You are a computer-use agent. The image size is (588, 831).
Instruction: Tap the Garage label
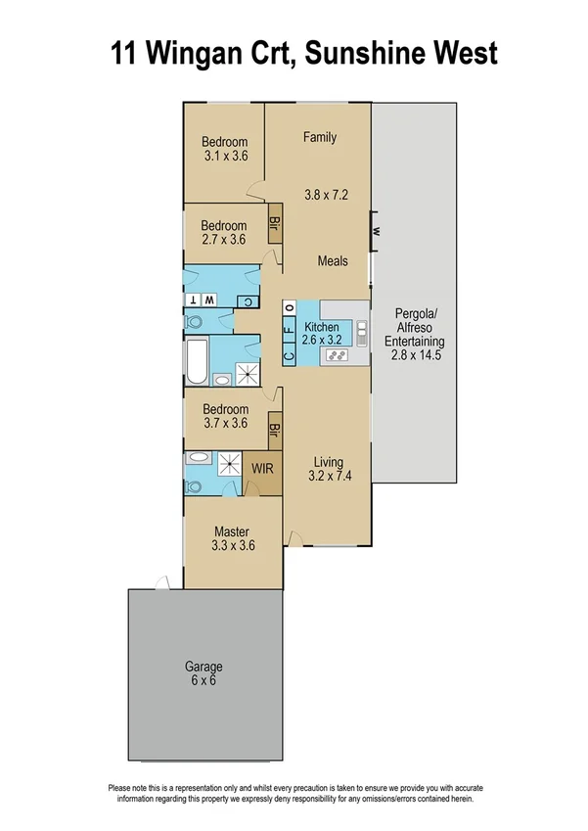tap(204, 668)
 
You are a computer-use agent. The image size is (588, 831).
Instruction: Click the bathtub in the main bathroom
tap(196, 361)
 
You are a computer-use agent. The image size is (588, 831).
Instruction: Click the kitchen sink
tap(360, 333)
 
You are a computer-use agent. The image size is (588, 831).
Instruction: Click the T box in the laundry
tap(195, 300)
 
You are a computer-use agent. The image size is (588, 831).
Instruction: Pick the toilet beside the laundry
tap(194, 320)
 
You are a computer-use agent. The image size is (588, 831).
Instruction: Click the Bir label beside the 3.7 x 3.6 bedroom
tap(275, 429)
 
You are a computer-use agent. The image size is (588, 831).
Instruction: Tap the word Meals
tap(333, 261)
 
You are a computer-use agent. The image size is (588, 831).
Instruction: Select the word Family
tap(319, 137)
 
